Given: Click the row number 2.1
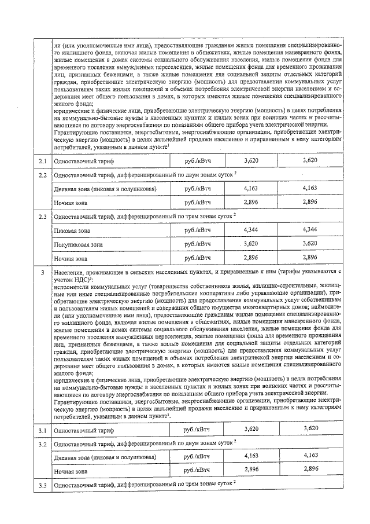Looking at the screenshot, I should (42, 160).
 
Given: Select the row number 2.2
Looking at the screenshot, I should (42, 174).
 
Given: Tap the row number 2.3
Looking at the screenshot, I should (42, 217).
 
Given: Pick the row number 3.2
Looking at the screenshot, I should (42, 443).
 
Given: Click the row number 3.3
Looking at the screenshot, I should (42, 484).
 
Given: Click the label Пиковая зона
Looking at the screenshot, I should (72, 231).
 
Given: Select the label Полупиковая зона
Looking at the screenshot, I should (78, 245).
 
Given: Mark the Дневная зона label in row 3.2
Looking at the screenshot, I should (104, 457).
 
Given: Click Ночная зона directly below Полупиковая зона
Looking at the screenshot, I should (71, 259).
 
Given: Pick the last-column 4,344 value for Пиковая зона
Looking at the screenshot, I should (310, 230).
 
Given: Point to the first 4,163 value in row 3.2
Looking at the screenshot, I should (251, 456).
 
